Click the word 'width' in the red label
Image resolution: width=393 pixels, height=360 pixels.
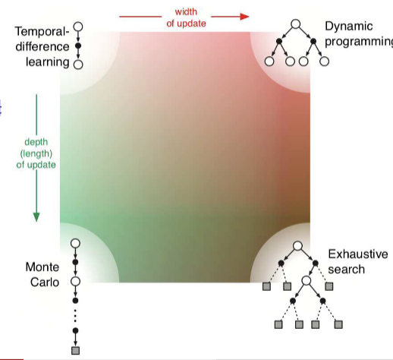186,11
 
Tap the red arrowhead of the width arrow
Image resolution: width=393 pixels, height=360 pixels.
244,17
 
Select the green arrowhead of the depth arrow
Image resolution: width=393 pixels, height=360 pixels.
36,217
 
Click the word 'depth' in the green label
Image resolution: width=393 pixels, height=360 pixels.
36,142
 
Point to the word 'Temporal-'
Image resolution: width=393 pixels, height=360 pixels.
42,32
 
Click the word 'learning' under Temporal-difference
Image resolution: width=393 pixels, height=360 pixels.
48,62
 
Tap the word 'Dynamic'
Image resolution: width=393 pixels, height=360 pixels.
349,26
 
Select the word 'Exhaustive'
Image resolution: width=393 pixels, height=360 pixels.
358,254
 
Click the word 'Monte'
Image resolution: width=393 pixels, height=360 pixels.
42,267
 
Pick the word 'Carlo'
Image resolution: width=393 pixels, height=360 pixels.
45,283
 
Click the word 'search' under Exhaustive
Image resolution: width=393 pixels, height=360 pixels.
346,270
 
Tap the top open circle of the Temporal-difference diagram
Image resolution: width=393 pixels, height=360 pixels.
78,27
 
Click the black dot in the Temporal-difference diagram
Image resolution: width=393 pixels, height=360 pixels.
78,46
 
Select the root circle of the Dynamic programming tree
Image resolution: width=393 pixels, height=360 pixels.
296,24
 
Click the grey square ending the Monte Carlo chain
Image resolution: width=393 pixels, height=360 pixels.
75,351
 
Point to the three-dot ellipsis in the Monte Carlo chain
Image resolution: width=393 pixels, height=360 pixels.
75,316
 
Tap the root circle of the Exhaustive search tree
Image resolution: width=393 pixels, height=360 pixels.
297,246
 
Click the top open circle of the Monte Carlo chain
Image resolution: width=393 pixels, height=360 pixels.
75,243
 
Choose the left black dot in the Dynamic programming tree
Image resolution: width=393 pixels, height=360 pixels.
279,41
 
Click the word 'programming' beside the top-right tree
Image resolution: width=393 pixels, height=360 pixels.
359,42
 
